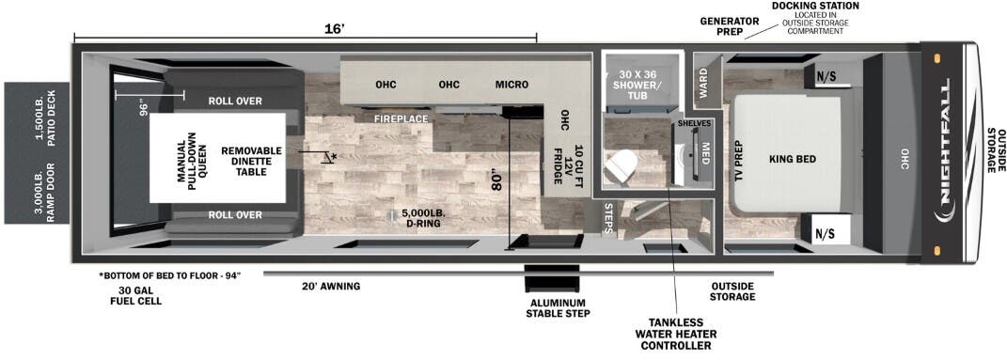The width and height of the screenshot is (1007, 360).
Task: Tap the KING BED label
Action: [793, 159]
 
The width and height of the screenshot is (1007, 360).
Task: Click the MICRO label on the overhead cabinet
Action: [511, 84]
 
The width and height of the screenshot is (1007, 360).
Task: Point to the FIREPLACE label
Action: [402, 118]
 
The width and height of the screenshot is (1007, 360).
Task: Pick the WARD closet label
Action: [703, 84]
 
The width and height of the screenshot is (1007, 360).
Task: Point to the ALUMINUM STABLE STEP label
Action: [558, 308]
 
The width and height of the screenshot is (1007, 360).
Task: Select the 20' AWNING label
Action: [331, 286]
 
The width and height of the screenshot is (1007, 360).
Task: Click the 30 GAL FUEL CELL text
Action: [135, 295]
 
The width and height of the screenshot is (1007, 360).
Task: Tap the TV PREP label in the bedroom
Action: [739, 159]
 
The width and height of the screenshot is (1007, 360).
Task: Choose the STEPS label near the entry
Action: [608, 219]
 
